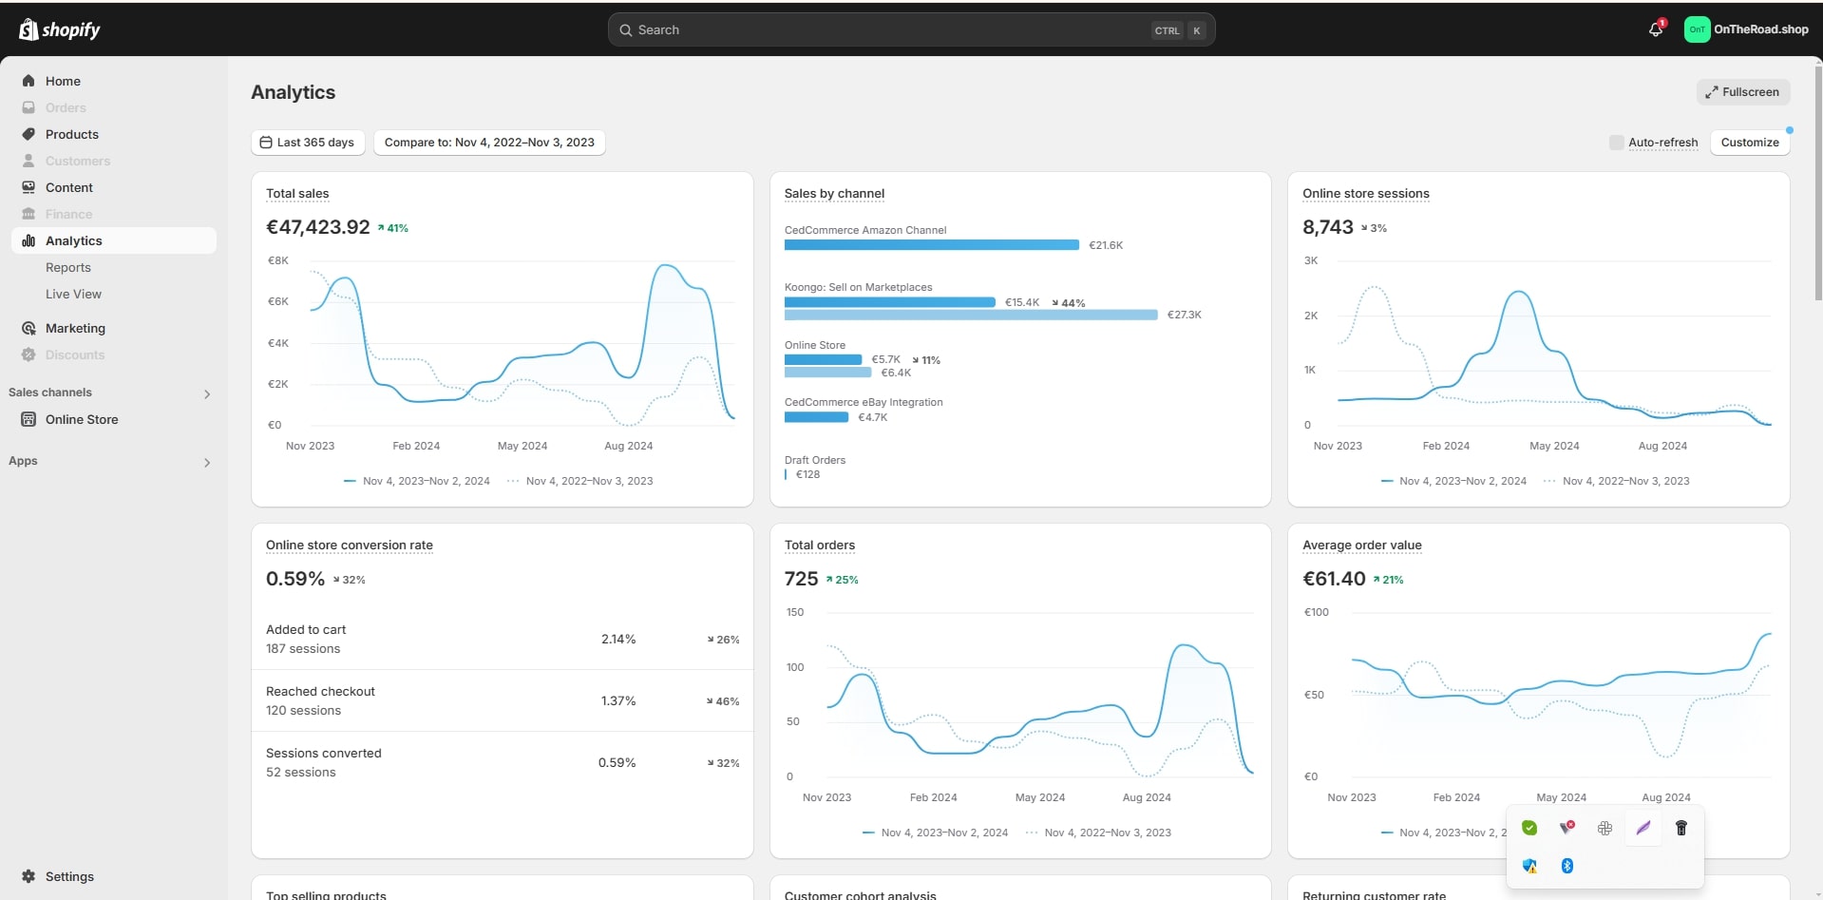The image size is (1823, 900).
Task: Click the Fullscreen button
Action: pyautogui.click(x=1742, y=92)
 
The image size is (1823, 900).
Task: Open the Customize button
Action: pyautogui.click(x=1749, y=143)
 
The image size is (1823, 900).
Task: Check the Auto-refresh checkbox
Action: pyautogui.click(x=1616, y=143)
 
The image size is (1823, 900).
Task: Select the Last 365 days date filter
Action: pyautogui.click(x=307, y=143)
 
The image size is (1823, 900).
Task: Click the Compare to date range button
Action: pyautogui.click(x=488, y=143)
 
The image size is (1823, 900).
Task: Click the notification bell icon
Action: pyautogui.click(x=1656, y=29)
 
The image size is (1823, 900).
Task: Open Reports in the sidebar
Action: pyautogui.click(x=68, y=268)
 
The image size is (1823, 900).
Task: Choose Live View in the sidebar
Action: pyautogui.click(x=73, y=295)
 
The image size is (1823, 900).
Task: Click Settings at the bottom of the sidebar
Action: pyautogui.click(x=69, y=876)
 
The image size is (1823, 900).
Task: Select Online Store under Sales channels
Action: pyautogui.click(x=82, y=419)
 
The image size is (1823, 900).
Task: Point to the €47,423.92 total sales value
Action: pyautogui.click(x=318, y=227)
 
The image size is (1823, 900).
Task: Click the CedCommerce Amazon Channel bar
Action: pyautogui.click(x=931, y=245)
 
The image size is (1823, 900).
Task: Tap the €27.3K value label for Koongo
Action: pyautogui.click(x=1184, y=315)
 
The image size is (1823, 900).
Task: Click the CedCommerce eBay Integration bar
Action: pyautogui.click(x=816, y=417)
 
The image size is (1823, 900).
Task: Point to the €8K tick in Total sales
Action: pyautogui.click(x=277, y=260)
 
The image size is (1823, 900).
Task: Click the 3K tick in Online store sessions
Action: pyautogui.click(x=1311, y=260)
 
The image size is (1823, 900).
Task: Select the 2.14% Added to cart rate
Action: pyautogui.click(x=618, y=640)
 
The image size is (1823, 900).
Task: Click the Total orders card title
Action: pyautogui.click(x=819, y=546)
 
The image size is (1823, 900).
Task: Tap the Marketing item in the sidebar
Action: pyautogui.click(x=75, y=328)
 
